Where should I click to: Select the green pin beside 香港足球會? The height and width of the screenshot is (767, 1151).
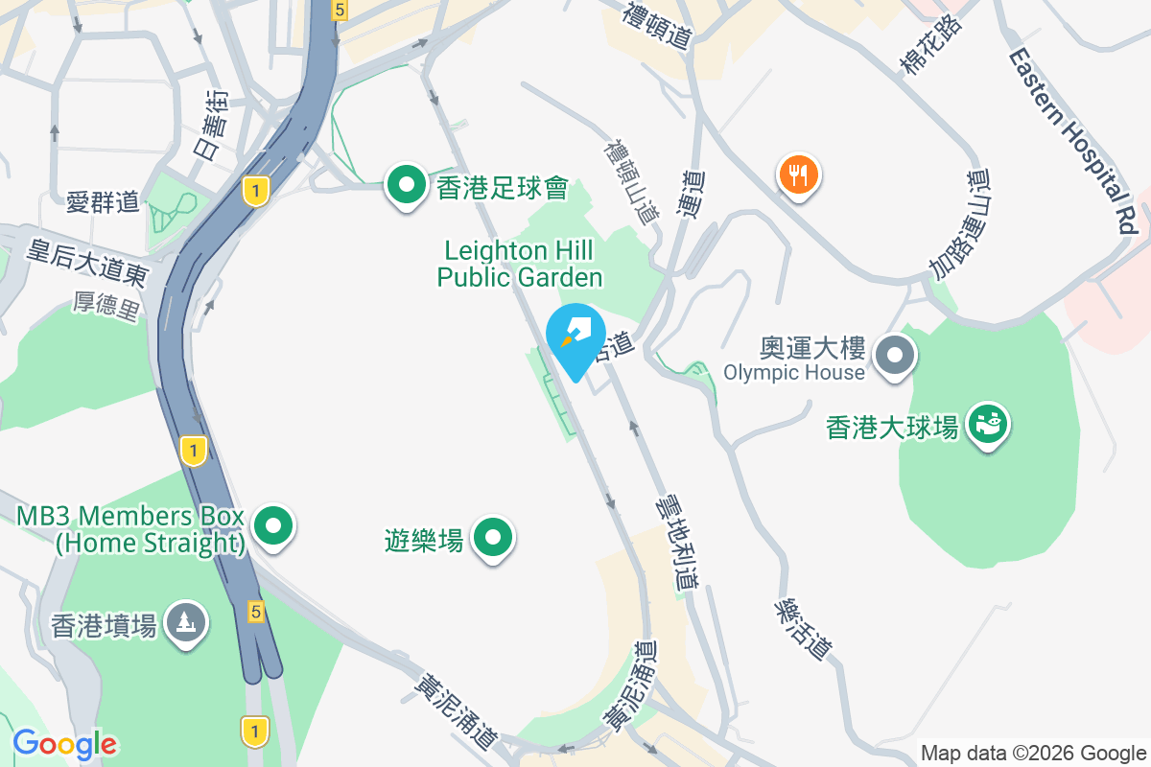407,183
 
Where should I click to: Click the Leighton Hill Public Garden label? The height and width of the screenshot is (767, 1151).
521,265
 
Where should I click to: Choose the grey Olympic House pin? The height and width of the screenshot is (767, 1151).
895,356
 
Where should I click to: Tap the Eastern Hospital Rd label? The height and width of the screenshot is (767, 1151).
1073,140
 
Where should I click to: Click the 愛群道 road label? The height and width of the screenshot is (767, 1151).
104,202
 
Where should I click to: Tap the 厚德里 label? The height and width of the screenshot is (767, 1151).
106,305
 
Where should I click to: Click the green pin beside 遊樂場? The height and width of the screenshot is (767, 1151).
494,538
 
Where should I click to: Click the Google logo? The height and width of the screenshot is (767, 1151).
65,744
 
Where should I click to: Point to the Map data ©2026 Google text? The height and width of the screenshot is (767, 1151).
1034,753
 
